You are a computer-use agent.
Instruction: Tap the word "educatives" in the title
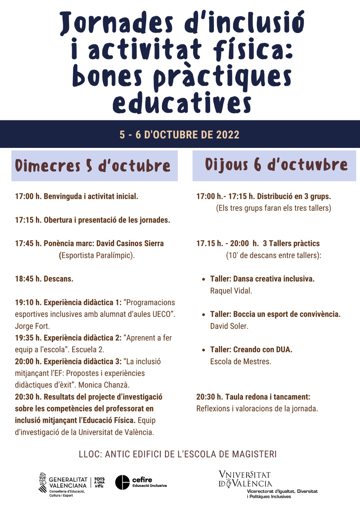tap(182, 102)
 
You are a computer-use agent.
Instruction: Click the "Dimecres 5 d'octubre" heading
tap(93, 166)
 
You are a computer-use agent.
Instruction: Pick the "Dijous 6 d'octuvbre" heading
tap(276, 165)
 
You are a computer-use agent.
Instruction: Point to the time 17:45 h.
tap(28, 243)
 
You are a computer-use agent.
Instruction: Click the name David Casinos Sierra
tap(130, 243)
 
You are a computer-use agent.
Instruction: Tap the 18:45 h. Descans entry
tap(44, 279)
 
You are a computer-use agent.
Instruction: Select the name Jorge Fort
tap(32, 326)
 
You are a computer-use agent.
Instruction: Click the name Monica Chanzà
tap(103, 385)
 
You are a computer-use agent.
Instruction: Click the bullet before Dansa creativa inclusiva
tap(204, 279)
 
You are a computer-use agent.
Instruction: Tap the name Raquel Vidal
tap(231, 291)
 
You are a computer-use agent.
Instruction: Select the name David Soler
tap(229, 326)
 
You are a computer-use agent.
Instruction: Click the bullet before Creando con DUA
tap(204, 350)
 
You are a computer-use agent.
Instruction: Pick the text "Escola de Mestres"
tap(240, 361)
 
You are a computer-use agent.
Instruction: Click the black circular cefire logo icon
tap(122, 482)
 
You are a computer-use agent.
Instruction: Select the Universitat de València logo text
tap(245, 479)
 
